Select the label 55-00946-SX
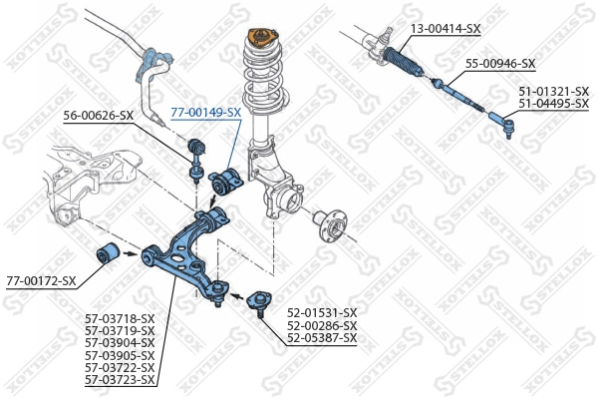[499, 64]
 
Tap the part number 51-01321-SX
[553, 91]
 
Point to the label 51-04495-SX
[553, 103]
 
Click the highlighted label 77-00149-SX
[206, 113]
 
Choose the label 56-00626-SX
[98, 116]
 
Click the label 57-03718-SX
[121, 319]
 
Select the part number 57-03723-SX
[121, 379]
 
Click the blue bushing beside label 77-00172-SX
[108, 254]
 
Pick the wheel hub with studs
[329, 222]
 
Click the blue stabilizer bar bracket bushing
[149, 64]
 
